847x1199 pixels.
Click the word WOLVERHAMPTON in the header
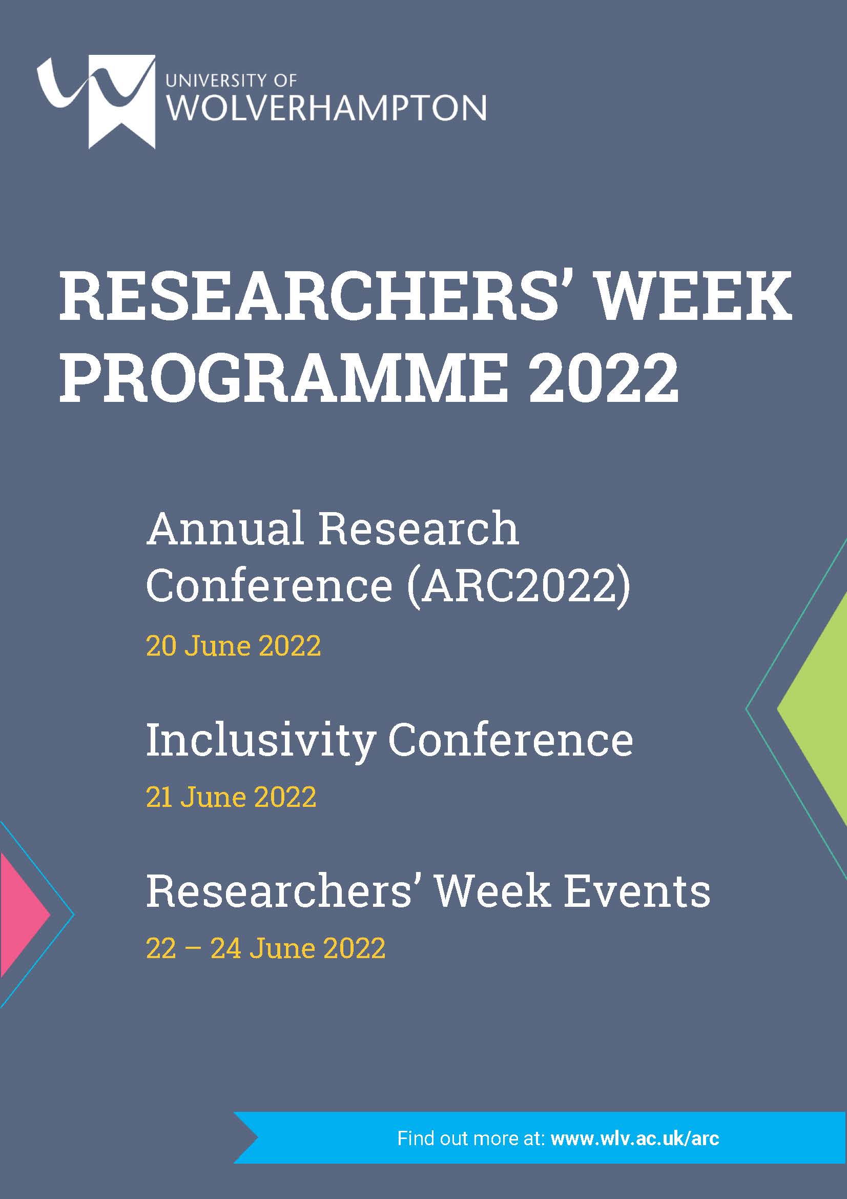[x=326, y=108]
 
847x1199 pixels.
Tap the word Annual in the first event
[x=225, y=529]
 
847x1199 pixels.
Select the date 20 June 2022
[x=233, y=646]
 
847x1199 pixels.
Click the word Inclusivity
[x=260, y=742]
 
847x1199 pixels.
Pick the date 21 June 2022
[x=231, y=798]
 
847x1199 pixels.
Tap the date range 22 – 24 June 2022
[x=265, y=948]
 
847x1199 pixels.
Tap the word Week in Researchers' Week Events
[x=492, y=891]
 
